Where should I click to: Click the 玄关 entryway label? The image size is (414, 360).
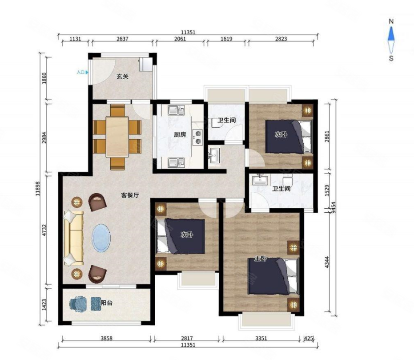(x=123, y=77)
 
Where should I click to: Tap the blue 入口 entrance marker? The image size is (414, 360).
(x=82, y=72)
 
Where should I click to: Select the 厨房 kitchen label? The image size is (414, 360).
(x=180, y=134)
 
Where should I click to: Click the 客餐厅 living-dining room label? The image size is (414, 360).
(x=130, y=195)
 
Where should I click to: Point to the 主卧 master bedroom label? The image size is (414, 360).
(x=260, y=259)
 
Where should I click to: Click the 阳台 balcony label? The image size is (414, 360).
(x=107, y=303)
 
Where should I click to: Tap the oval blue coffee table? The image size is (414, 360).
(x=101, y=238)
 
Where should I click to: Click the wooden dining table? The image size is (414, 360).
(x=117, y=137)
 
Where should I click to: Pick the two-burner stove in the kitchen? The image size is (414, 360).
(x=198, y=138)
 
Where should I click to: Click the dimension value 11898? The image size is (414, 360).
(x=38, y=189)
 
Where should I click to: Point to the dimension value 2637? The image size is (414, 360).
(x=122, y=39)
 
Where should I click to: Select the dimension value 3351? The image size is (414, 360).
(x=261, y=338)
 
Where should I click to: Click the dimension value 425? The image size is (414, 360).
(x=309, y=338)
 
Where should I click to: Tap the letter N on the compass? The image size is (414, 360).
(x=391, y=21)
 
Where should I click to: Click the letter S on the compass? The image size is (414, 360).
(x=391, y=58)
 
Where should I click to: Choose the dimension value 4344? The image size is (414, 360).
(x=327, y=262)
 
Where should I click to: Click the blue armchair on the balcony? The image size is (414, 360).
(x=78, y=304)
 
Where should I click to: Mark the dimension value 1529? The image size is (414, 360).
(x=327, y=190)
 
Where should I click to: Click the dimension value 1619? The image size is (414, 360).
(x=226, y=39)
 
